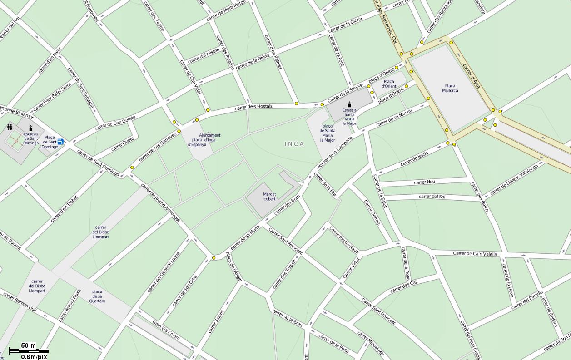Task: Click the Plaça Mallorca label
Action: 450,88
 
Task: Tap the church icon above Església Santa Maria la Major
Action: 349,104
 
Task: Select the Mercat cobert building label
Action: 269,197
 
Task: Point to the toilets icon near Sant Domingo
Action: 10,127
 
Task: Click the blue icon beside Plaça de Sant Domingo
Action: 61,142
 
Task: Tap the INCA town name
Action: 294,144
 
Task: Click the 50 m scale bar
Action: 29,349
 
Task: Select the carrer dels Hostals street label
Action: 253,107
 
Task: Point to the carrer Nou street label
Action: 424,182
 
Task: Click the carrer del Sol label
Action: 432,197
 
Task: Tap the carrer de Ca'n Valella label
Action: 475,253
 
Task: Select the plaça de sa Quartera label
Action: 97,296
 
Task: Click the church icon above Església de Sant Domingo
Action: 31,128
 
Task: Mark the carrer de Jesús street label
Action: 414,159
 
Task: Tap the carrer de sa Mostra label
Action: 394,118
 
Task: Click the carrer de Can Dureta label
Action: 115,123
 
